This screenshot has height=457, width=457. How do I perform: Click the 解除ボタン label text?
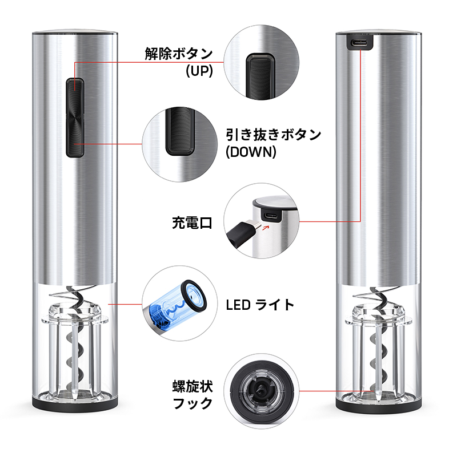[x=179, y=54]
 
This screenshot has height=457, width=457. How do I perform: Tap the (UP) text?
[x=199, y=71]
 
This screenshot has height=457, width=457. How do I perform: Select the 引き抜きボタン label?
[x=274, y=135]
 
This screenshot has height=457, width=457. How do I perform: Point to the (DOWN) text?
[x=251, y=152]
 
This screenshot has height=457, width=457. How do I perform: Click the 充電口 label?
[x=192, y=223]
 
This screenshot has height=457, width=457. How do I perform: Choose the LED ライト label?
[x=260, y=305]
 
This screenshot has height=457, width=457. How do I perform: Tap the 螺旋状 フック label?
[x=193, y=395]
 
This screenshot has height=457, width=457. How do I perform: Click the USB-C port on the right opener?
[x=359, y=43]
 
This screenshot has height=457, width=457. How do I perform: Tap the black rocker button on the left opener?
[x=75, y=118]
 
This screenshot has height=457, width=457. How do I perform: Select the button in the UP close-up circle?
[x=260, y=76]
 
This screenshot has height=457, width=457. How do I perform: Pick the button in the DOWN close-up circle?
[x=180, y=131]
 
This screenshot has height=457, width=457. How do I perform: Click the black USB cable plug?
[x=242, y=233]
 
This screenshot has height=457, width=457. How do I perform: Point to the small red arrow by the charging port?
[x=265, y=227]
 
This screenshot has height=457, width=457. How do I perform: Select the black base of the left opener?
[x=75, y=405]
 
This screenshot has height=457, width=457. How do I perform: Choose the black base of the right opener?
[x=379, y=406]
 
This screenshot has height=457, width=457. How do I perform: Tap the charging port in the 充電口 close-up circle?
[x=271, y=216]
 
